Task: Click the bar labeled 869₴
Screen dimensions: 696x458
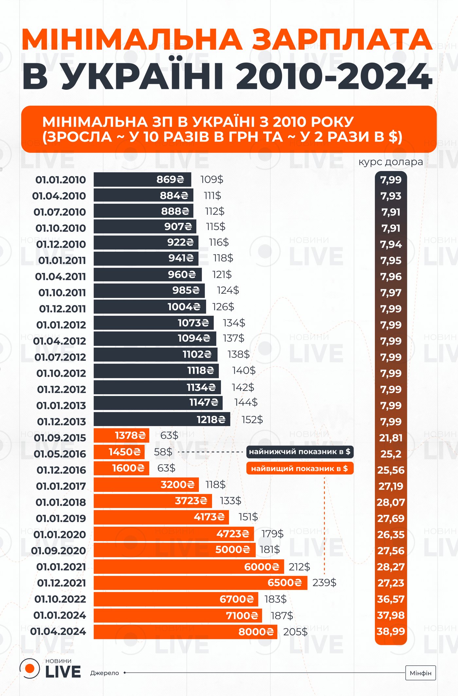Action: click(x=142, y=179)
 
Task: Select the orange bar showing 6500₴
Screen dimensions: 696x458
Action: click(x=200, y=583)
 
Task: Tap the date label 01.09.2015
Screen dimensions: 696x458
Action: click(x=60, y=438)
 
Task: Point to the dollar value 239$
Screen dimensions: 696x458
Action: click(x=324, y=582)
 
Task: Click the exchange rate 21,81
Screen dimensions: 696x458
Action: click(x=391, y=438)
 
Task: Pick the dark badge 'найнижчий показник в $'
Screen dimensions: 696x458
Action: click(x=300, y=452)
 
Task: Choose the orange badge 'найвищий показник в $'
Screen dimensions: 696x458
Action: click(x=300, y=468)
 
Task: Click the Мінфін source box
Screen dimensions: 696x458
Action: click(x=420, y=673)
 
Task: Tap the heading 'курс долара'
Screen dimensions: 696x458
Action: click(x=391, y=162)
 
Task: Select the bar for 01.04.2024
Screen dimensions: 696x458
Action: click(x=185, y=631)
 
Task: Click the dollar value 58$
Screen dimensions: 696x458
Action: click(x=163, y=452)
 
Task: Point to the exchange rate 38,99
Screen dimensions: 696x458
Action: click(x=391, y=631)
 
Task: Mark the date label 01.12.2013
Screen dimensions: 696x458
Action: click(x=62, y=422)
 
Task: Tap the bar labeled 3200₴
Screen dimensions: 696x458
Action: click(x=146, y=484)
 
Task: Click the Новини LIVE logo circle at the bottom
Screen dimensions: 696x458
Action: click(x=30, y=668)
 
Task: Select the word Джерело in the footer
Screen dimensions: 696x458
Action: click(x=105, y=673)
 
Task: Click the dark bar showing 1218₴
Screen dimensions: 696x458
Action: click(x=162, y=419)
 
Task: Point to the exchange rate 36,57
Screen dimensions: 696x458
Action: click(x=391, y=599)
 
